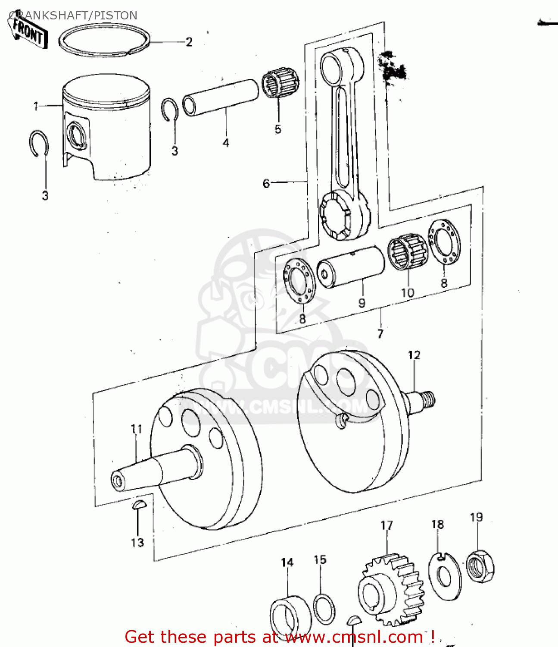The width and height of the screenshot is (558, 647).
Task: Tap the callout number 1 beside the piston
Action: (x=36, y=106)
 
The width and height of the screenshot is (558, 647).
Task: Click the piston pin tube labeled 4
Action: (x=221, y=97)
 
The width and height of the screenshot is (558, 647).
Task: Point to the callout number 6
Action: (x=266, y=183)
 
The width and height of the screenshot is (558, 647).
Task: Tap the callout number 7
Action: (x=380, y=333)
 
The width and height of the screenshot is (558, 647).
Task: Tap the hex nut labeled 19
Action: (x=480, y=565)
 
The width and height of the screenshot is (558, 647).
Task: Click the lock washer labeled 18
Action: (x=445, y=576)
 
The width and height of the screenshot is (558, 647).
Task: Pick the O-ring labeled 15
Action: (x=324, y=608)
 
